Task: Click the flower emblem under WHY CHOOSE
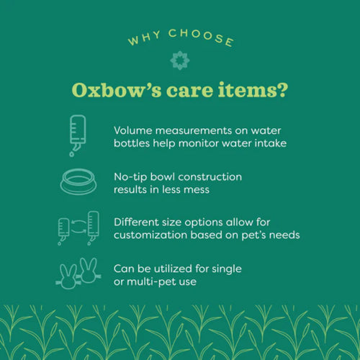coord(179,60)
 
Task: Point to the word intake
coord(270,143)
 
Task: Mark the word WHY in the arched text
coord(141,40)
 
